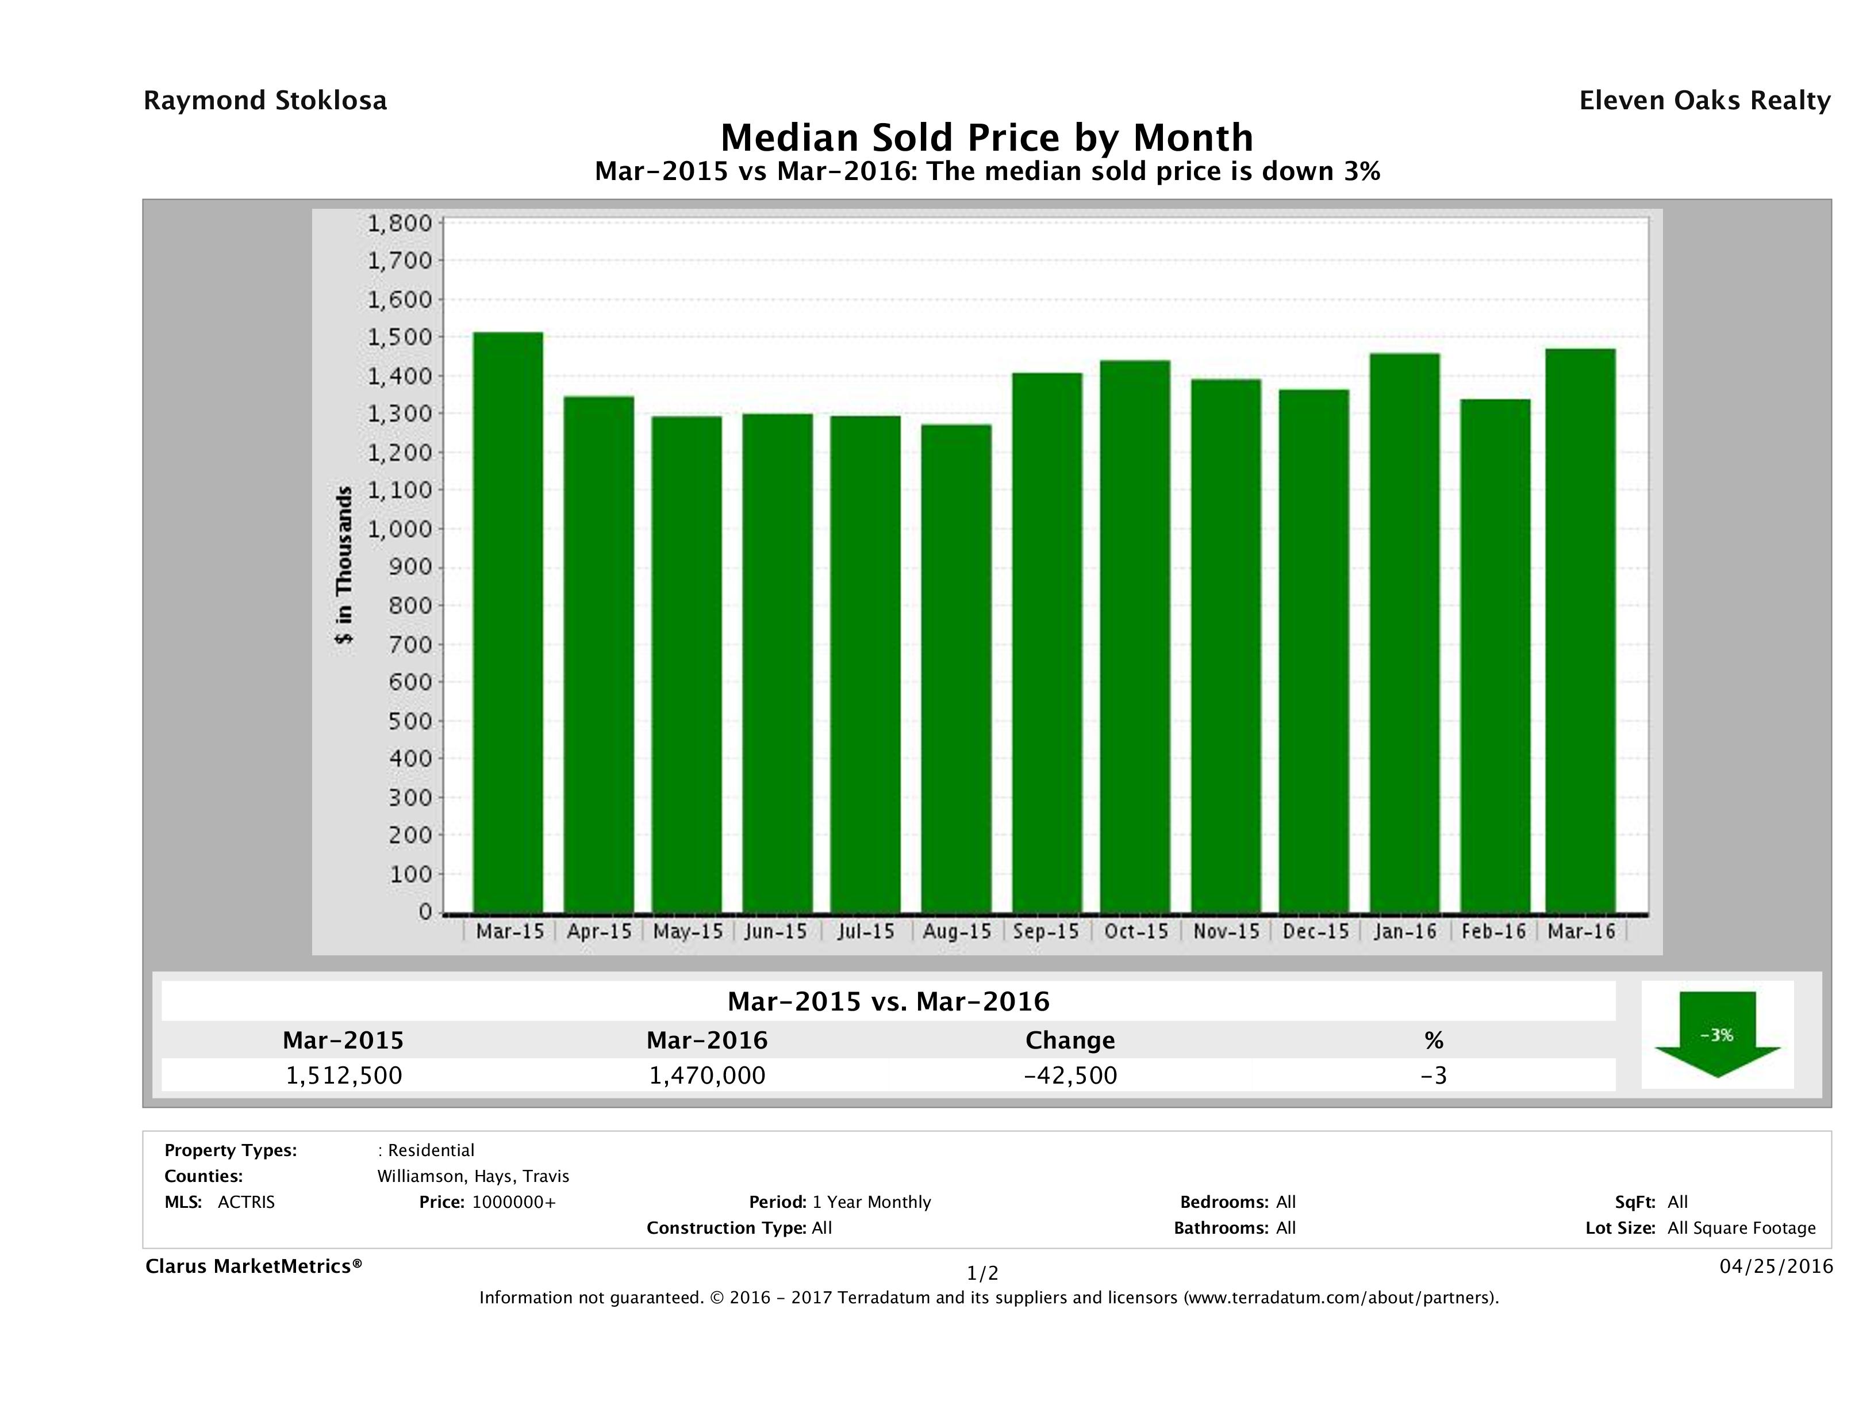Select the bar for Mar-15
pyautogui.click(x=508, y=622)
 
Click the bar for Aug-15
pyautogui.click(x=956, y=668)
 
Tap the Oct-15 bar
pyautogui.click(x=1135, y=636)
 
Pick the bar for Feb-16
pyautogui.click(x=1495, y=655)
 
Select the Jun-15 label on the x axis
pyautogui.click(x=775, y=931)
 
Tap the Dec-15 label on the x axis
pyautogui.click(x=1315, y=931)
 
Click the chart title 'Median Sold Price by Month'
pyautogui.click(x=987, y=137)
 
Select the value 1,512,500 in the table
pyautogui.click(x=344, y=1075)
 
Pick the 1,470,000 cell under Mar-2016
pyautogui.click(x=707, y=1075)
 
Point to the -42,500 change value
pyautogui.click(x=1070, y=1075)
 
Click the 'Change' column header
pyautogui.click(x=1070, y=1040)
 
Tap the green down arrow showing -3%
pyautogui.click(x=1716, y=1034)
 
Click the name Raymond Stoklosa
pyautogui.click(x=265, y=101)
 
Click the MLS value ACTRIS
pyautogui.click(x=245, y=1202)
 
